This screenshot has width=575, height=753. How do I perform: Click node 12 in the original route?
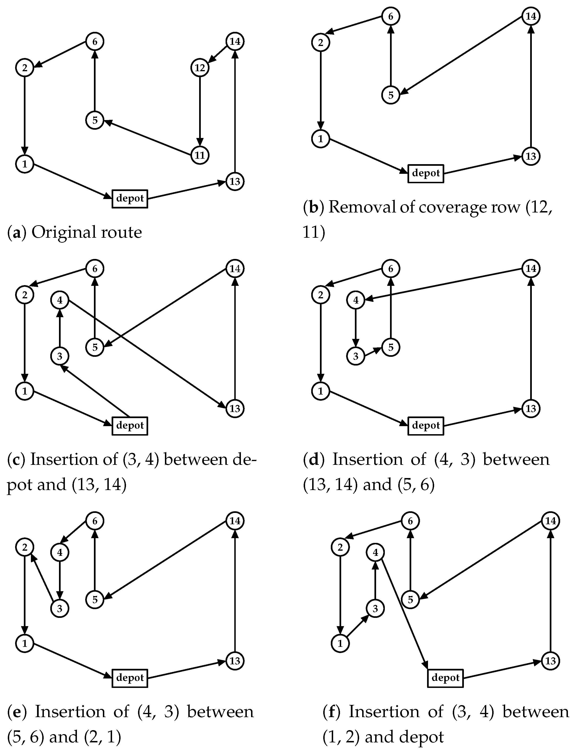(x=200, y=68)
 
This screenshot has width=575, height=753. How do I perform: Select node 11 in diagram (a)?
(x=200, y=155)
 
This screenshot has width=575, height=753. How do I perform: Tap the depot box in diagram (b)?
(x=426, y=174)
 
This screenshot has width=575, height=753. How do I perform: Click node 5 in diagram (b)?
(x=391, y=95)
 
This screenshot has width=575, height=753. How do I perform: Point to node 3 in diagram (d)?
(x=356, y=356)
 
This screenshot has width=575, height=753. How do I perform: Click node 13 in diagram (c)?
(x=235, y=408)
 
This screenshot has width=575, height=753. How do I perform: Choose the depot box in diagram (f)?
(x=445, y=678)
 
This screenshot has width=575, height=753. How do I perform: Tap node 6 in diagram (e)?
(x=95, y=521)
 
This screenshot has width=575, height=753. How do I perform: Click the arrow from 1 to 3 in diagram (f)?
(x=358, y=626)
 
